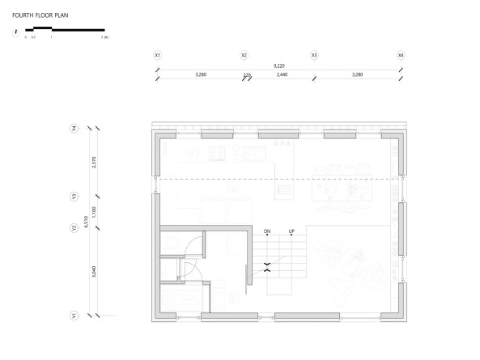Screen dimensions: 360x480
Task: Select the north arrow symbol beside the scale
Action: coord(15,32)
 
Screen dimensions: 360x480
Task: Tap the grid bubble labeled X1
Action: coord(158,55)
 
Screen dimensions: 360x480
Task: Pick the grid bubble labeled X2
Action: coord(244,55)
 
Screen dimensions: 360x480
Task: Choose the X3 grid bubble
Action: coord(315,55)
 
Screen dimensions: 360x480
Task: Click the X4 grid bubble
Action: coord(401,55)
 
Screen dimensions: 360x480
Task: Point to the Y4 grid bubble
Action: coord(74,128)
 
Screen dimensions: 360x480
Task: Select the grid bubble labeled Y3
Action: coord(74,197)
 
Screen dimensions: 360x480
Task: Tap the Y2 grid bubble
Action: coord(74,227)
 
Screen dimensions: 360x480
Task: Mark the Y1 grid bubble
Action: coord(74,315)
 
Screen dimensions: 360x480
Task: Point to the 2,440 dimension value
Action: coord(281,74)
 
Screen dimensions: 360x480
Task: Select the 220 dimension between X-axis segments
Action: coord(247,75)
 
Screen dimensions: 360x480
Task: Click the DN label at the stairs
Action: coord(266,232)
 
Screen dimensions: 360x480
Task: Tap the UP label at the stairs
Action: coord(291,232)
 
